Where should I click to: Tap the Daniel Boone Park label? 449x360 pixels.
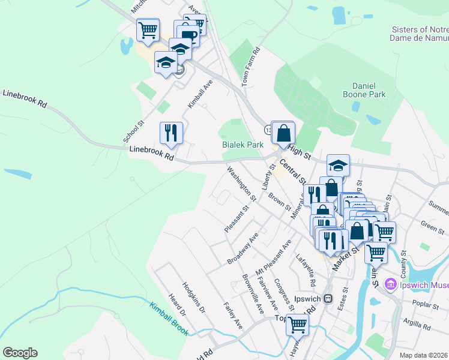(360, 89)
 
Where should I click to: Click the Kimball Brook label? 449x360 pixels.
(169, 318)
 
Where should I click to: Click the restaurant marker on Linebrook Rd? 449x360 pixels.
(171, 133)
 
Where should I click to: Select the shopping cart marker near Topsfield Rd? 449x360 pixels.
(297, 325)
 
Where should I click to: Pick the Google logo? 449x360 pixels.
(20, 353)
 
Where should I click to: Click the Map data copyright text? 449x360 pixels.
(424, 355)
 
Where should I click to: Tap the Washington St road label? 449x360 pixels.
(242, 183)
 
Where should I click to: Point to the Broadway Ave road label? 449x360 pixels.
(243, 249)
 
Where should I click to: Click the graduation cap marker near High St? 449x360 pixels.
(338, 166)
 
